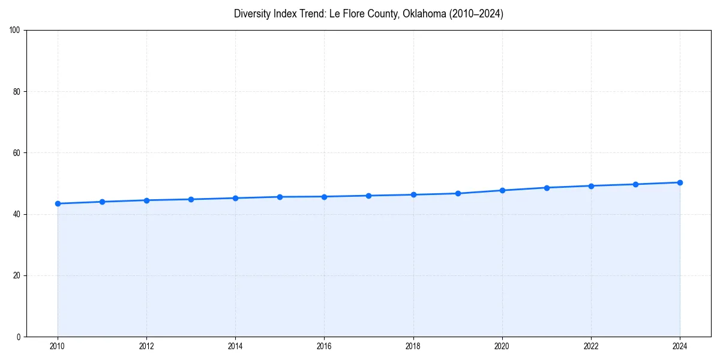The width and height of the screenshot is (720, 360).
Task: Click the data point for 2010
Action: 58,203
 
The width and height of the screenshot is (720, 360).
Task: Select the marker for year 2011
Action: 102,202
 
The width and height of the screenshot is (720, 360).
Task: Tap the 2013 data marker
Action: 191,199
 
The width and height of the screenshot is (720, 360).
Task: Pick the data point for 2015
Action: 280,197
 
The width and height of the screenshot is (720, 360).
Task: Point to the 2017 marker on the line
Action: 368,196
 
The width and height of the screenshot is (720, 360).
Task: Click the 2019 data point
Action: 458,193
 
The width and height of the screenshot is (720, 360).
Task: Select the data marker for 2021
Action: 547,188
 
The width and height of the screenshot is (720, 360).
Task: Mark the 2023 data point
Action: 635,184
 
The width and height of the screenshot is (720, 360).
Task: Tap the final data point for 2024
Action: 680,182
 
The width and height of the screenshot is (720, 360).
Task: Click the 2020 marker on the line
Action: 502,190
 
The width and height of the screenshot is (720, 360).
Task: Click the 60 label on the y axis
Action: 17,153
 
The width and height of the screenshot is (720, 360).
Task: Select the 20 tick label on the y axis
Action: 17,275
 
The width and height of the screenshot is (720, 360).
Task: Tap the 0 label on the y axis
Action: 19,337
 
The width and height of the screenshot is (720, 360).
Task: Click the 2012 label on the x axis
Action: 146,346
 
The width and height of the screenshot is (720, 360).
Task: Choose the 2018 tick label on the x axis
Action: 413,346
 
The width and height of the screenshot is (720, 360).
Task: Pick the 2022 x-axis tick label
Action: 591,346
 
